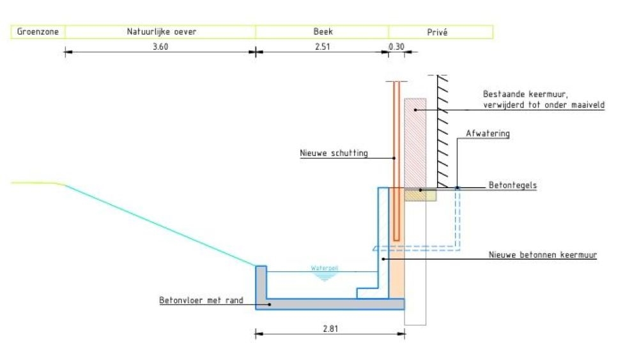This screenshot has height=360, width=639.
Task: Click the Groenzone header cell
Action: (38, 32)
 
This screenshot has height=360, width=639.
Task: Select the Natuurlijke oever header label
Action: (162, 32)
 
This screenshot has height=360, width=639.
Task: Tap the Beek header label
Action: (323, 31)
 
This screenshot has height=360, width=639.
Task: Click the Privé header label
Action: (437, 32)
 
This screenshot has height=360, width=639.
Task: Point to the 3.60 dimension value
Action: (160, 47)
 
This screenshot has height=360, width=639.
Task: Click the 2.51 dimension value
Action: (322, 47)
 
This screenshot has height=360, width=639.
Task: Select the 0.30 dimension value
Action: (396, 47)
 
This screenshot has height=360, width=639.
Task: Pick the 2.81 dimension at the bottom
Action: (330, 329)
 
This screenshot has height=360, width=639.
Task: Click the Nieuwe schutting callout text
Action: (334, 153)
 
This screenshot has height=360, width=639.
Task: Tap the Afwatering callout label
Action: (488, 133)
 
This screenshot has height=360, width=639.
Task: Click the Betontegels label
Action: (512, 185)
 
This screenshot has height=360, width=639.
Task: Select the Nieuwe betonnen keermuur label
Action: (543, 254)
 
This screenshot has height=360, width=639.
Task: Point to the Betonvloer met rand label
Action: (201, 301)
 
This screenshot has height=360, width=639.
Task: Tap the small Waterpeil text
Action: (325, 268)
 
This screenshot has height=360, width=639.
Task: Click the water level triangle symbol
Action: (325, 276)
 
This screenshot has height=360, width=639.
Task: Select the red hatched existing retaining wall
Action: (415, 143)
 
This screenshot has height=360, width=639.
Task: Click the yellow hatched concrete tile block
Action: (420, 195)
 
